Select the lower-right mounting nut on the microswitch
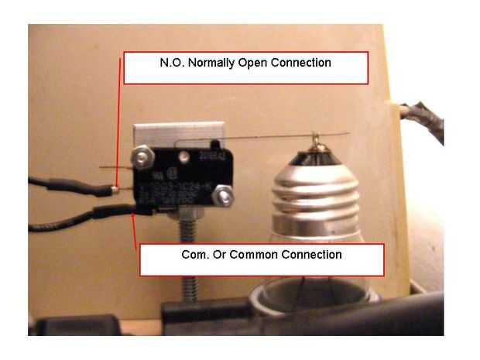(x=225, y=199)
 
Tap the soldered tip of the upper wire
(x=115, y=188)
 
